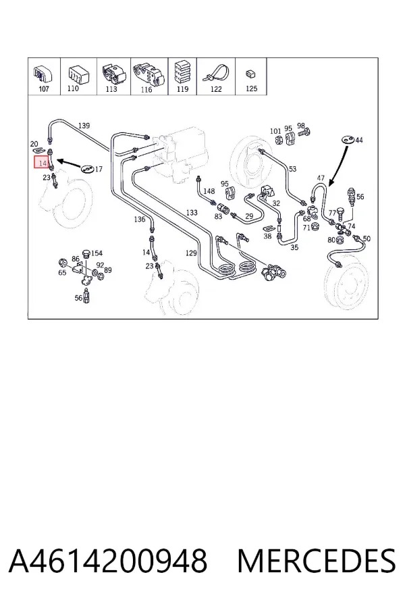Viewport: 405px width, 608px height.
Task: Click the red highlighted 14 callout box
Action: click(42, 162)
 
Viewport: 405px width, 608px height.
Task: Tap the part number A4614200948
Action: click(108, 561)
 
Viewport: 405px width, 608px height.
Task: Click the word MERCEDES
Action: click(317, 561)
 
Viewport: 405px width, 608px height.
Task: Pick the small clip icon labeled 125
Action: click(250, 73)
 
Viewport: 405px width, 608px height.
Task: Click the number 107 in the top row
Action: click(44, 88)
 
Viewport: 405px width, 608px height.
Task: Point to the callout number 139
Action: click(84, 125)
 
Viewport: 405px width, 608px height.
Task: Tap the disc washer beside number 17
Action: click(87, 169)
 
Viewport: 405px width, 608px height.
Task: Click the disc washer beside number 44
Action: click(347, 140)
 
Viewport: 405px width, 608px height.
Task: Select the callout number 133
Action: click(192, 213)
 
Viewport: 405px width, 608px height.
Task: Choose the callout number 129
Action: click(191, 253)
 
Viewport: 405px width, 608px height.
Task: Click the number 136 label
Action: click(140, 219)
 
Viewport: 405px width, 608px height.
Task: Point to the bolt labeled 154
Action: click(86, 254)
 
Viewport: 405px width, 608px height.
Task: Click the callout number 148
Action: click(209, 191)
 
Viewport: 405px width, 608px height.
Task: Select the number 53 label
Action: click(292, 169)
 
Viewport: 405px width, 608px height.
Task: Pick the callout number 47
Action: click(321, 178)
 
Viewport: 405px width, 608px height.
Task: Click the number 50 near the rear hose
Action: click(367, 238)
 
